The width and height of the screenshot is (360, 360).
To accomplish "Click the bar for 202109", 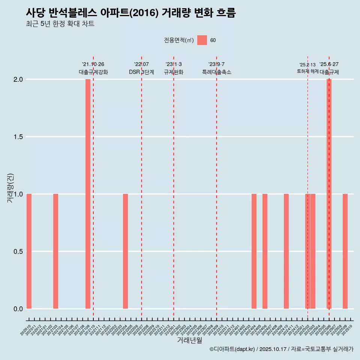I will pyautogui.click(x=88, y=194).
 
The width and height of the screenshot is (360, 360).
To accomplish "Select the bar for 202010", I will pyautogui.click(x=29, y=251).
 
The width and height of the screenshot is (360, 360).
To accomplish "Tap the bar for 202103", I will pyautogui.click(x=55, y=251).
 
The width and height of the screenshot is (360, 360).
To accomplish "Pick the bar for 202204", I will pyautogui.click(x=125, y=251).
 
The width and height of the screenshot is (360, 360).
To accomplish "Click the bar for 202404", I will pyautogui.click(x=254, y=251).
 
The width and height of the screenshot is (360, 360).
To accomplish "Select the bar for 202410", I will pyautogui.click(x=286, y=251).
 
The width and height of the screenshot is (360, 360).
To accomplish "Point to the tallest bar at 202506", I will pyautogui.click(x=329, y=194).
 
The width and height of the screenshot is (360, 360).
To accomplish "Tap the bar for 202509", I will pyautogui.click(x=345, y=251).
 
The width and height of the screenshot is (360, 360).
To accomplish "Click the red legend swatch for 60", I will pyautogui.click(x=202, y=40).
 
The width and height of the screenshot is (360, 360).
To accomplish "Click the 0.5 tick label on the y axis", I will pyautogui.click(x=18, y=252).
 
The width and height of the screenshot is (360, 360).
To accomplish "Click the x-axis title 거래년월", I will pyautogui.click(x=189, y=340).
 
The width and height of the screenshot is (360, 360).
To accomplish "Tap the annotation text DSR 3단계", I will pyautogui.click(x=141, y=72).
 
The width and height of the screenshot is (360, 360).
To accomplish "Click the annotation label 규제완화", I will pyautogui.click(x=174, y=72).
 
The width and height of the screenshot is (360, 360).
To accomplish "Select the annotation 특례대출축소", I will pyautogui.click(x=217, y=72).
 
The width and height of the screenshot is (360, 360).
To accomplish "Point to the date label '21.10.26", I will pyautogui.click(x=93, y=64).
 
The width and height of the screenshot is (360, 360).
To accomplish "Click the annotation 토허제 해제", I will pyautogui.click(x=307, y=71).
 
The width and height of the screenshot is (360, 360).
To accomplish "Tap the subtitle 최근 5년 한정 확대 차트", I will pyautogui.click(x=60, y=24).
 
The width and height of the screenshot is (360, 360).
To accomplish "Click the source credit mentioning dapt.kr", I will pyautogui.click(x=281, y=349).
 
